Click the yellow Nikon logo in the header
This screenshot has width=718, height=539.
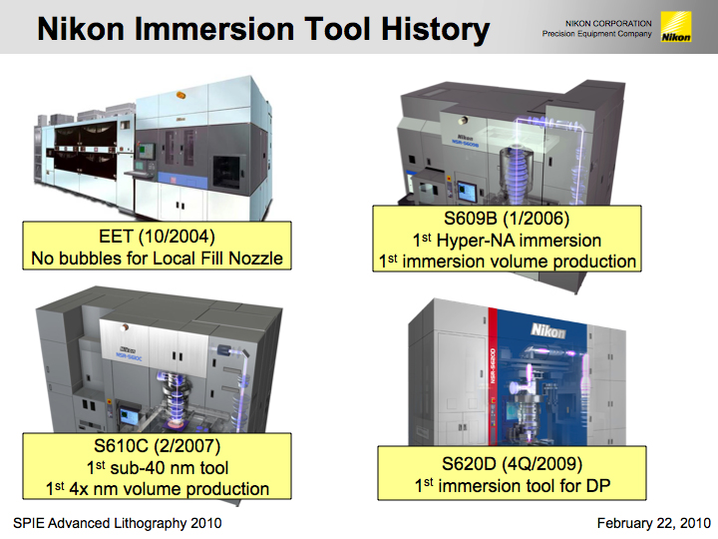click(x=676, y=27)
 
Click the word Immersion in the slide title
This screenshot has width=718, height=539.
click(x=214, y=29)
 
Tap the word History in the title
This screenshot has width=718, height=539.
click(x=435, y=30)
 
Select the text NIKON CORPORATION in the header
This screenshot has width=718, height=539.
click(x=608, y=23)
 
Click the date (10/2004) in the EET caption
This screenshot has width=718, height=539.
click(x=177, y=237)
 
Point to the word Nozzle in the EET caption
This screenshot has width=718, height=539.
click(x=255, y=259)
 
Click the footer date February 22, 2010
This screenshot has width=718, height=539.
click(x=654, y=523)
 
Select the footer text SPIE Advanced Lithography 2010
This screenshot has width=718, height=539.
click(x=118, y=523)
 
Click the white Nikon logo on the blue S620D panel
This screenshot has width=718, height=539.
click(x=548, y=330)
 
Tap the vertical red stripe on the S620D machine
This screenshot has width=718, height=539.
click(x=493, y=376)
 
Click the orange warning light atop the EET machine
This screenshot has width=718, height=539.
click(x=180, y=96)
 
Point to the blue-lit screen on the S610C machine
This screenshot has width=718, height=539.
click(x=127, y=415)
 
